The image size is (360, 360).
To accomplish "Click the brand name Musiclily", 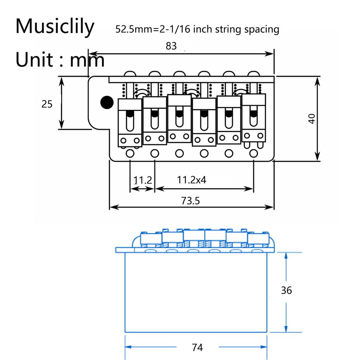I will (55, 27).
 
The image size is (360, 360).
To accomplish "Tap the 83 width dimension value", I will (171, 46).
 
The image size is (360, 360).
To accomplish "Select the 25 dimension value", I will (47, 104).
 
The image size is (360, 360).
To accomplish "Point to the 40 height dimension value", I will (311, 118).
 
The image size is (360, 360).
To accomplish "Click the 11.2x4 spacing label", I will (192, 180).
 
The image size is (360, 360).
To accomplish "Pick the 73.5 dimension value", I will (191, 201).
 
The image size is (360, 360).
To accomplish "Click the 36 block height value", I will (287, 290).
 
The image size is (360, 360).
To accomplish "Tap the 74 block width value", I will (198, 347).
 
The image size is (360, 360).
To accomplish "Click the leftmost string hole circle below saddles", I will (130, 153).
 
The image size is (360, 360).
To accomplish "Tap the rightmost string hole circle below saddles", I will (253, 153).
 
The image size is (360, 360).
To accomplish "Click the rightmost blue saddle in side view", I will (257, 239).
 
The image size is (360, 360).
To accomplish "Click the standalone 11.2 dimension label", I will (142, 180).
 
